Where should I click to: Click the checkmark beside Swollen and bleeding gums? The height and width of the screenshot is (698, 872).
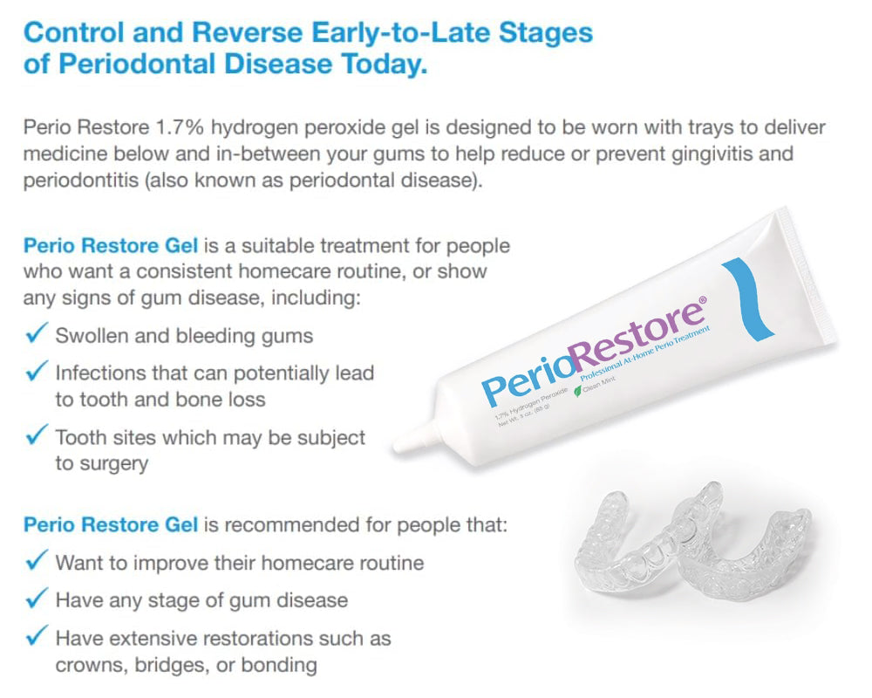[37, 334]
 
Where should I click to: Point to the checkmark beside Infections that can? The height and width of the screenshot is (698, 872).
[37, 373]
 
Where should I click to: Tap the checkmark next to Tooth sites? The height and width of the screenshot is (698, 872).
[37, 435]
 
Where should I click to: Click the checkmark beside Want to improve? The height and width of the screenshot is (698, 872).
[37, 561]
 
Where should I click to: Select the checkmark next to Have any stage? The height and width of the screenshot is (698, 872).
[37, 599]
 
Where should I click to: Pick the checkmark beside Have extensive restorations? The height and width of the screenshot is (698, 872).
[37, 637]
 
